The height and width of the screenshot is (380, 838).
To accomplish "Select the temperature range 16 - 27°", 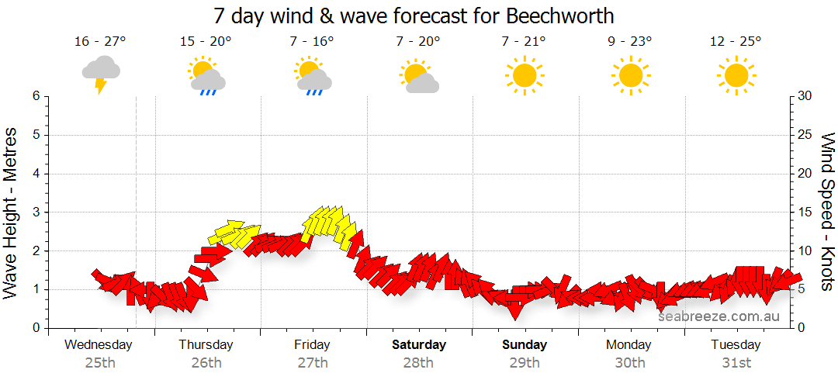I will [101, 42].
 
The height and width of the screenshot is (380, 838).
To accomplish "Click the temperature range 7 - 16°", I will [313, 42].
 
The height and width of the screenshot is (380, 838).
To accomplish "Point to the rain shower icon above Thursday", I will [206, 75].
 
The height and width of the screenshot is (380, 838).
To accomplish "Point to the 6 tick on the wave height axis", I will [35, 96].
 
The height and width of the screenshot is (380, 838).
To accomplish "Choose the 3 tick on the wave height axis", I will [35, 212].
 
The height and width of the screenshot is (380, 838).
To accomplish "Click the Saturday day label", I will [419, 345].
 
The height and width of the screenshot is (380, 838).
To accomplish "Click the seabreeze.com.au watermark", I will [718, 316].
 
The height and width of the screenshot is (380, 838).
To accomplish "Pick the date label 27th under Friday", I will [312, 362].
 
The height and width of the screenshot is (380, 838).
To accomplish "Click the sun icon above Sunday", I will [525, 75].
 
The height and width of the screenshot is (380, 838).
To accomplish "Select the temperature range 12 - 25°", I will [736, 42].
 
